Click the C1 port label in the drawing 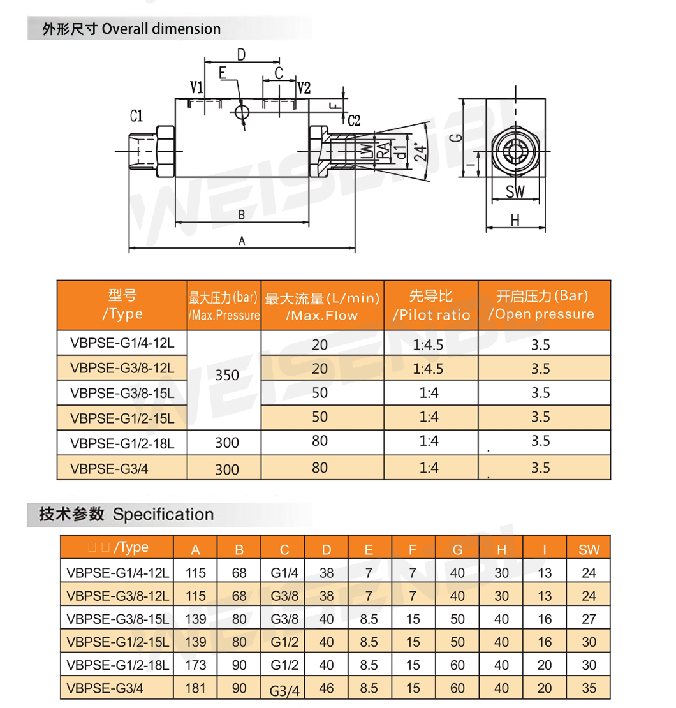(136, 116)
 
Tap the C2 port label (354, 120)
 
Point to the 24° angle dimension (419, 151)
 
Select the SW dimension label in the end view (515, 191)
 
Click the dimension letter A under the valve (242, 240)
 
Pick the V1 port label (196, 87)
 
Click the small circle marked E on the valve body (242, 112)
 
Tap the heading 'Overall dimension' (161, 29)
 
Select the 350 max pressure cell (227, 375)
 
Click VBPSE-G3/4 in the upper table (102, 468)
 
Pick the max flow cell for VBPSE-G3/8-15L (320, 393)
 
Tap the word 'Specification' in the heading (163, 515)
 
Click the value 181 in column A (196, 688)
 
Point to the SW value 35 (589, 688)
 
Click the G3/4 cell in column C (284, 690)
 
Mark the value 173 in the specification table (196, 665)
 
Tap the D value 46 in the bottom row (327, 688)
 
